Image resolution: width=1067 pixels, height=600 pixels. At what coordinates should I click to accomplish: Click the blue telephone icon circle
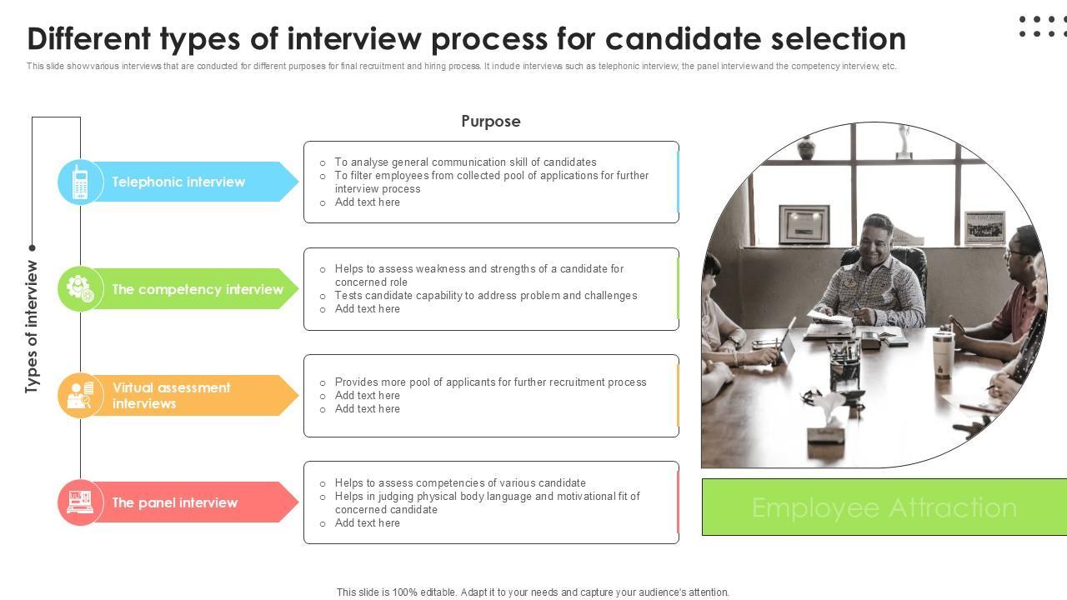tap(80, 182)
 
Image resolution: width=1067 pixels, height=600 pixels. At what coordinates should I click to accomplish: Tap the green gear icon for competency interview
tap(80, 288)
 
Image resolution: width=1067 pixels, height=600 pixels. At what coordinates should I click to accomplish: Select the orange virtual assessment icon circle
tap(80, 395)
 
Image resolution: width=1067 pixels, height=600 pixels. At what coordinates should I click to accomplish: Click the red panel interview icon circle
tap(80, 502)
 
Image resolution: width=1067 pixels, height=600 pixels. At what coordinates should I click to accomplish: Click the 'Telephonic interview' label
tap(178, 182)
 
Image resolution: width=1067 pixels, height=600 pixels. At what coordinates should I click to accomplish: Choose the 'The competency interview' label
tap(198, 289)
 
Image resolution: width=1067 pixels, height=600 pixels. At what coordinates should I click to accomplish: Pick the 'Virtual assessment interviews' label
tap(172, 396)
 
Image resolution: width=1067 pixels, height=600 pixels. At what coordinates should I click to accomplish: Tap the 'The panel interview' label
tap(175, 502)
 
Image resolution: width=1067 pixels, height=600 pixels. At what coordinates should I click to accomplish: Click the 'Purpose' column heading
tap(491, 122)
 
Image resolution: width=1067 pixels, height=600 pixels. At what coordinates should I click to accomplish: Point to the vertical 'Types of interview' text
tap(32, 327)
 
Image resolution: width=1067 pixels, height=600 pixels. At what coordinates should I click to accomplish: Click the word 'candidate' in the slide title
tap(684, 38)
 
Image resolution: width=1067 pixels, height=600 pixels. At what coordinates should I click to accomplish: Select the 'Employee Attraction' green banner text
tap(884, 507)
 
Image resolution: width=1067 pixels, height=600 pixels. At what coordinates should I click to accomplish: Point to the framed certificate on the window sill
tap(804, 224)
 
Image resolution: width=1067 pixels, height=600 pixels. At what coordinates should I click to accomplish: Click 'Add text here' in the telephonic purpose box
tap(368, 202)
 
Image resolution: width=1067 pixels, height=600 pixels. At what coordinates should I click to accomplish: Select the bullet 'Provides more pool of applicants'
tap(491, 382)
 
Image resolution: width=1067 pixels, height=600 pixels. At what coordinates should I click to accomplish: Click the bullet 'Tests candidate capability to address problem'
tap(486, 296)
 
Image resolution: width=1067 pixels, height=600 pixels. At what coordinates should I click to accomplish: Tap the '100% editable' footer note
tap(533, 592)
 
